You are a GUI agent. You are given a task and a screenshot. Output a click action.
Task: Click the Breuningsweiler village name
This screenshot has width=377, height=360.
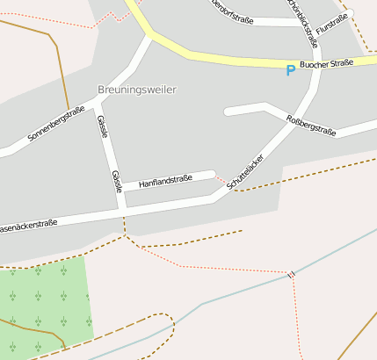pyautogui.click(x=136, y=90)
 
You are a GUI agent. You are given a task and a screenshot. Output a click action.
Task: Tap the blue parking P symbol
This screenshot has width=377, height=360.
pyautogui.click(x=291, y=70)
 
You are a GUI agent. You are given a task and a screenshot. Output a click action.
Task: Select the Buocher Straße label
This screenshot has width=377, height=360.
pyautogui.click(x=326, y=63)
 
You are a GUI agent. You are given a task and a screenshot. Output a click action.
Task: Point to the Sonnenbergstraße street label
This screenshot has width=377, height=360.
pyautogui.click(x=56, y=124)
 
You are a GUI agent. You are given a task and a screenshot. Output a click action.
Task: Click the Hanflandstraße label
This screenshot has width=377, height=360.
pyautogui.click(x=165, y=180)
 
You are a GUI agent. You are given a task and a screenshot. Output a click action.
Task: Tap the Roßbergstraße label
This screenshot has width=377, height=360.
pyautogui.click(x=311, y=124)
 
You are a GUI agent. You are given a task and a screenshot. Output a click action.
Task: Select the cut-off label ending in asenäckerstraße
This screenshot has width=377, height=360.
pyautogui.click(x=28, y=225)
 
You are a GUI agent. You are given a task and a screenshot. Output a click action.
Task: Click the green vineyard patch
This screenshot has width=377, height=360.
pyautogui.click(x=44, y=303)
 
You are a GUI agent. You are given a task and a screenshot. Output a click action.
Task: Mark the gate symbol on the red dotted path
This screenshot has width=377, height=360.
pyautogui.click(x=291, y=274)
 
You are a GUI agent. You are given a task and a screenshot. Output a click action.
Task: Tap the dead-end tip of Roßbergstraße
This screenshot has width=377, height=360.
pyautogui.click(x=228, y=112)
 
